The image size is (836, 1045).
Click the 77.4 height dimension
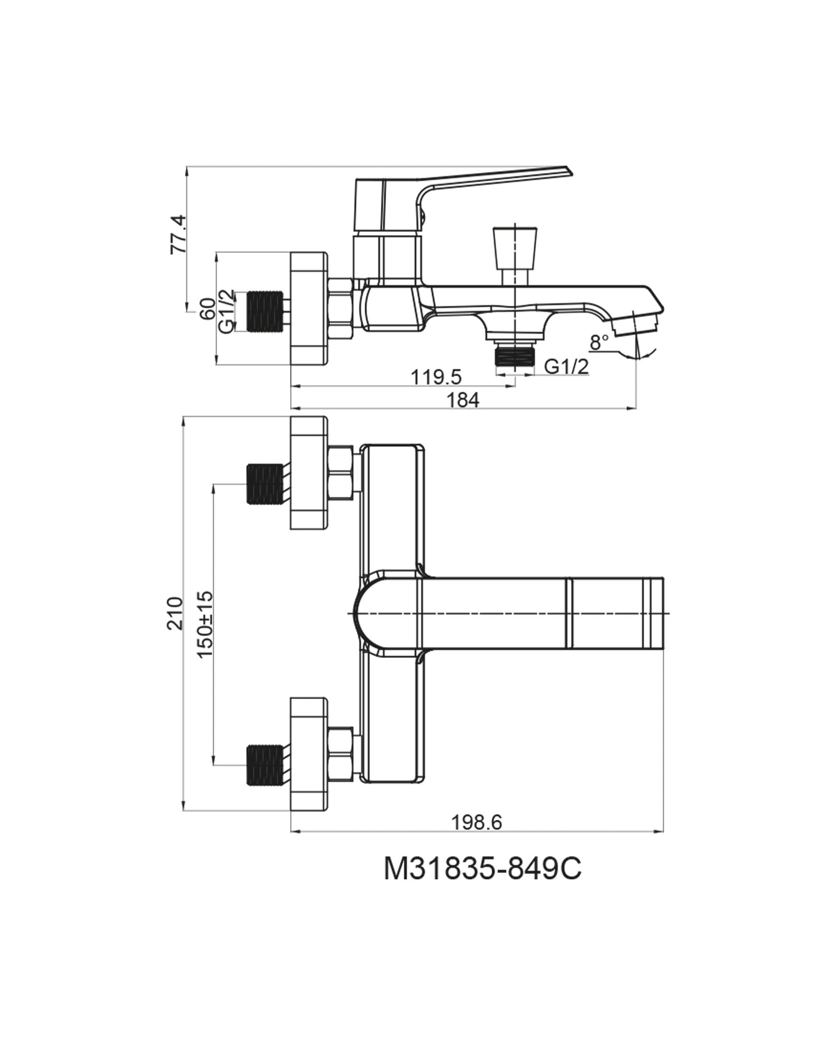point(178,234)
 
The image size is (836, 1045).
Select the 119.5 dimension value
point(436,377)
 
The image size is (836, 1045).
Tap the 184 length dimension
point(462,400)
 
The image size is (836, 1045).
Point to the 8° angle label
point(599,343)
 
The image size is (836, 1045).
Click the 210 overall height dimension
point(175,613)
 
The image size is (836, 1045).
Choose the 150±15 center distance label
point(206,624)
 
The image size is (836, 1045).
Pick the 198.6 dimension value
point(476,822)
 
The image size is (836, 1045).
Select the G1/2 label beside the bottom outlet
point(566,367)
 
